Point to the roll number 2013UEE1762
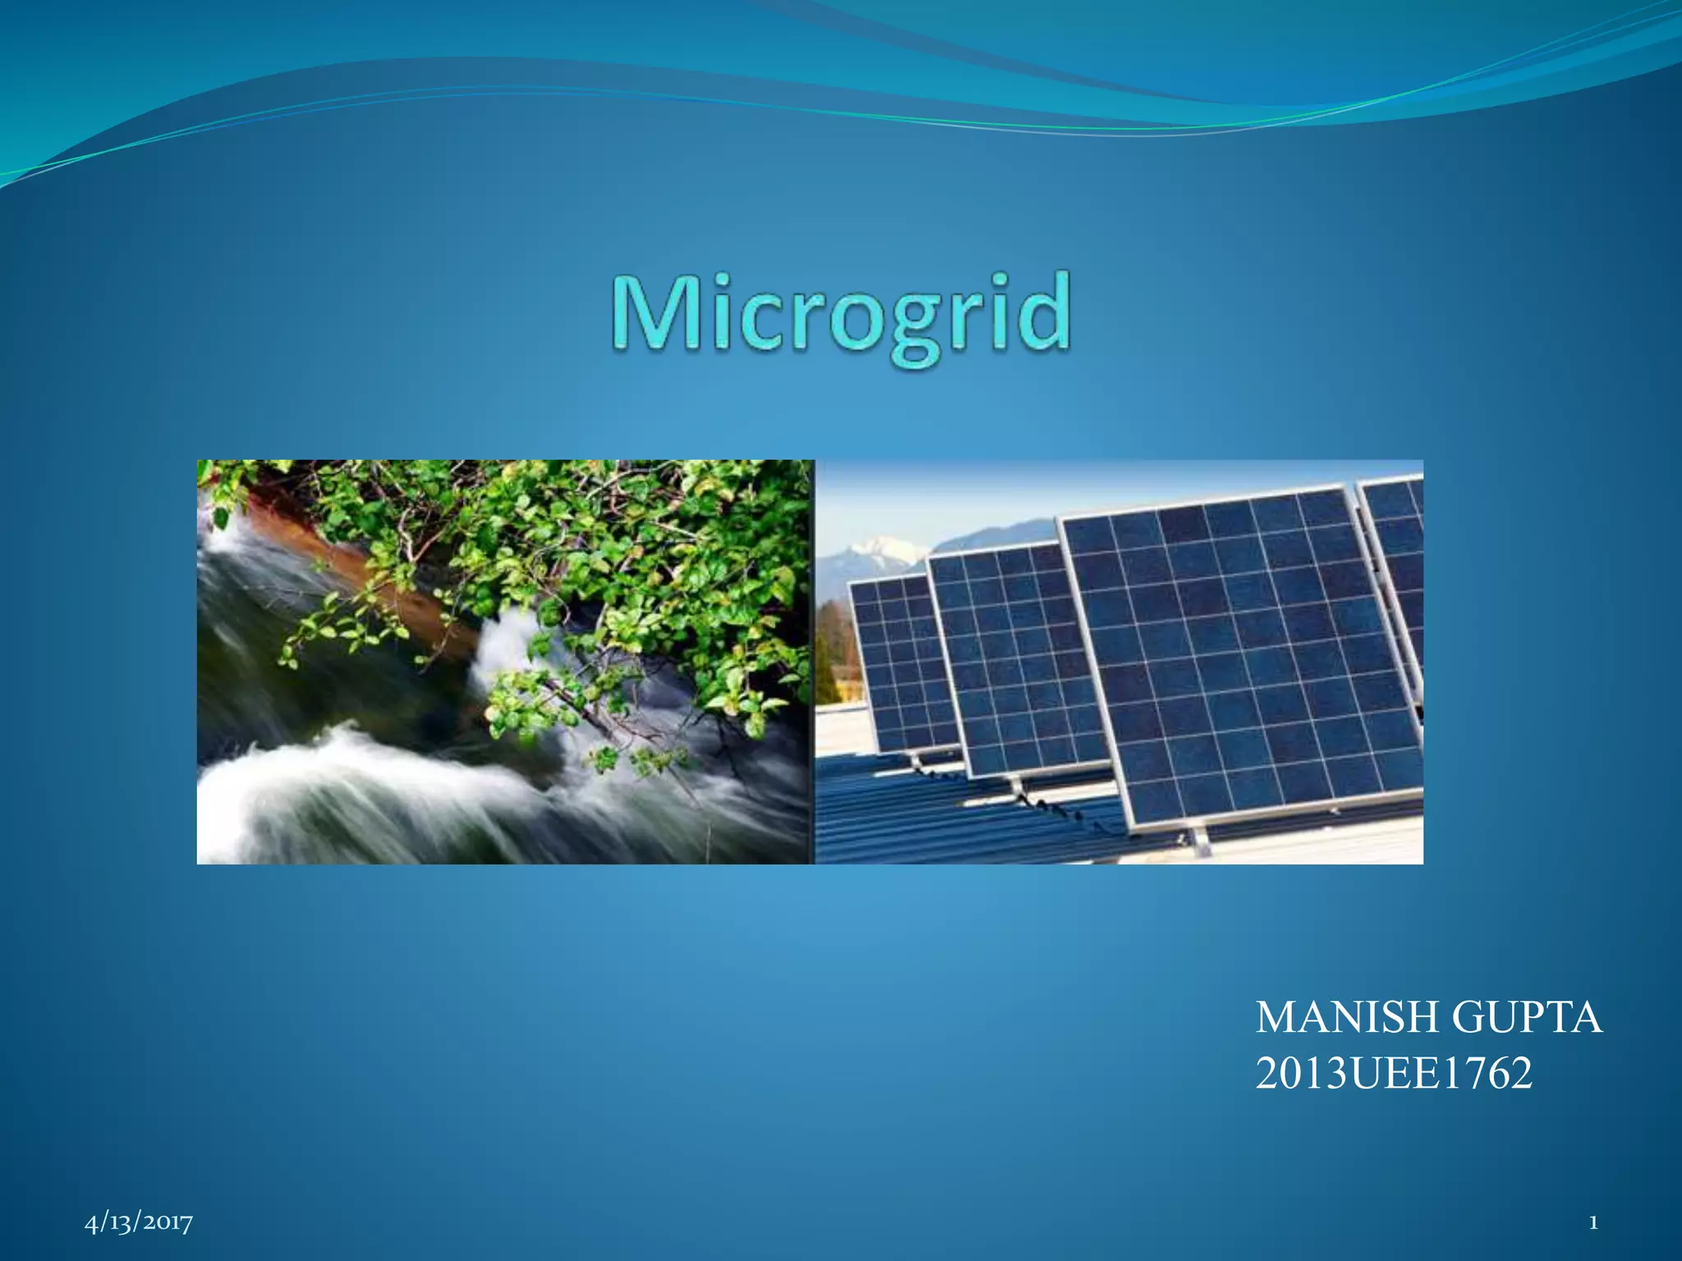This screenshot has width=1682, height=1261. [x=1393, y=1074]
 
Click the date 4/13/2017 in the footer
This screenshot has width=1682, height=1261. [x=139, y=1222]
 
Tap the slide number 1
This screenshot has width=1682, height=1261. [x=1593, y=1223]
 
